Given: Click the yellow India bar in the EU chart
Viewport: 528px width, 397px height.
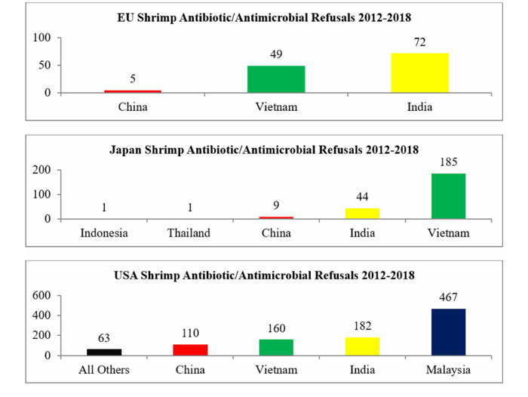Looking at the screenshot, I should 419,73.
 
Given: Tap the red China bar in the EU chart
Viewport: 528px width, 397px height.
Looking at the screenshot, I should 132,91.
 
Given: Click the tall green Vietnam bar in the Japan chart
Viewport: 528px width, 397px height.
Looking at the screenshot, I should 448,196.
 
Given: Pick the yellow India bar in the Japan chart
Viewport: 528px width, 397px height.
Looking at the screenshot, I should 362,214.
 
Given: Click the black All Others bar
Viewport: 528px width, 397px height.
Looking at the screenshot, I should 104,352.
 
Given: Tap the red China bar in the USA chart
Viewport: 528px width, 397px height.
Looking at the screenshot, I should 190,349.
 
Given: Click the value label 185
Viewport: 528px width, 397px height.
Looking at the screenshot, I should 448,162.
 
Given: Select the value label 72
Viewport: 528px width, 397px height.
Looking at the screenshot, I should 419,42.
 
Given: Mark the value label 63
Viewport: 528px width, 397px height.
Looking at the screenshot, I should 104,340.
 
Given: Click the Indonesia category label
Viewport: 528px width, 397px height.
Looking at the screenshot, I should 104,232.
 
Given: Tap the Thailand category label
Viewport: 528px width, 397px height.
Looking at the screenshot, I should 190,232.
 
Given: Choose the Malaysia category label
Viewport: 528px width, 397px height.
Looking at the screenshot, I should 448,369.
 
